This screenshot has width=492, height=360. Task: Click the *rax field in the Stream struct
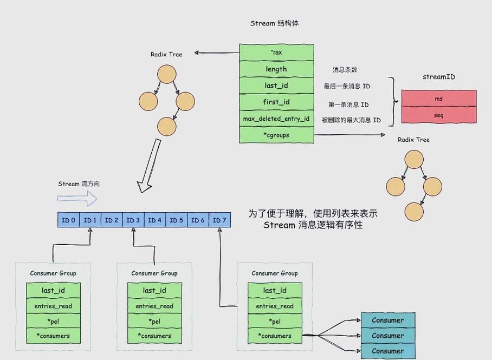tap(276, 53)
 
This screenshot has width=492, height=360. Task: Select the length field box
tap(276, 69)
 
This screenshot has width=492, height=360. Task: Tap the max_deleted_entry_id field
tap(276, 119)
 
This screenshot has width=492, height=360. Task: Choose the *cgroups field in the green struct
tap(276, 135)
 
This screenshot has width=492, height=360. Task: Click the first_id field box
tap(276, 102)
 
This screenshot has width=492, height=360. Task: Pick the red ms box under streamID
tap(439, 99)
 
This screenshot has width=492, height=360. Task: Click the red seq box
tap(439, 115)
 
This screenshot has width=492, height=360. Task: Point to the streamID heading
tap(439, 77)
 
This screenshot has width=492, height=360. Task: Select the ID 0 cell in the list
tap(69, 220)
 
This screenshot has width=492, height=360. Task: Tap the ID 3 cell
tap(133, 220)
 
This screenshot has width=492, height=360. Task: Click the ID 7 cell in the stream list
tap(219, 220)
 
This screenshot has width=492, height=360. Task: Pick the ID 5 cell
tap(177, 220)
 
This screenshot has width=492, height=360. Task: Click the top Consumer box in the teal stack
tap(387, 320)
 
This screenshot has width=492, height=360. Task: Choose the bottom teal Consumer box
tap(387, 351)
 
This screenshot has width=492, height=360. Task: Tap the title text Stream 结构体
tap(275, 24)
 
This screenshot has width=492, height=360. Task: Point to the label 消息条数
tap(345, 70)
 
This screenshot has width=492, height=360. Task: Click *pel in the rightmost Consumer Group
tap(275, 322)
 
